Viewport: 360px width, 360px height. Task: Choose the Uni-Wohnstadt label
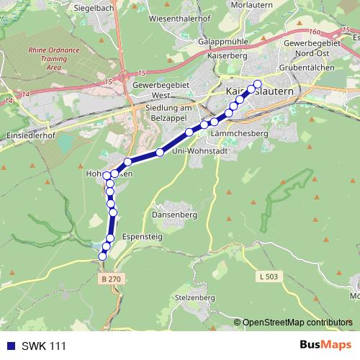tap(200, 150)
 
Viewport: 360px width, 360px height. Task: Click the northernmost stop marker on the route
tap(257, 84)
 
